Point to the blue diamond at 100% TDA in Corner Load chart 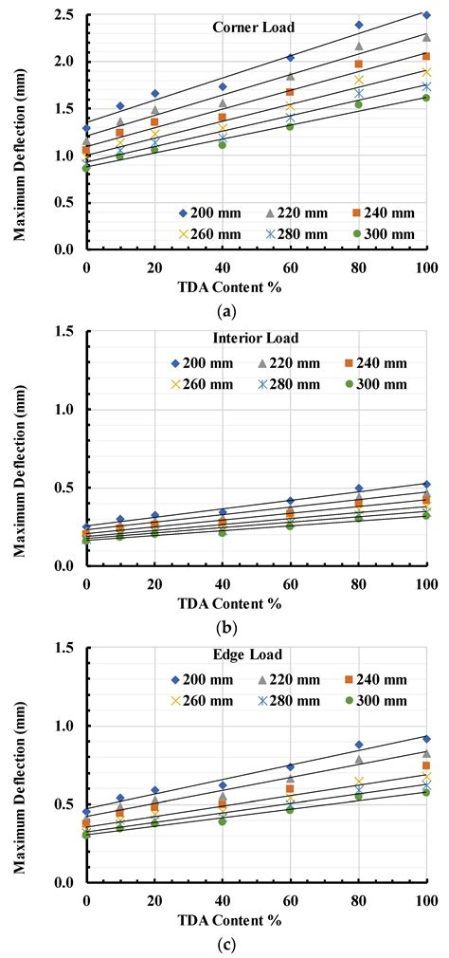tap(426, 15)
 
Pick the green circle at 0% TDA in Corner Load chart tap(86, 168)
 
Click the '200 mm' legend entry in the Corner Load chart tap(217, 212)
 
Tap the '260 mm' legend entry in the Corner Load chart tap(217, 232)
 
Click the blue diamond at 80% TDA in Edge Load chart tap(358, 745)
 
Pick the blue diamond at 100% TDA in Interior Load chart tap(426, 484)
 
